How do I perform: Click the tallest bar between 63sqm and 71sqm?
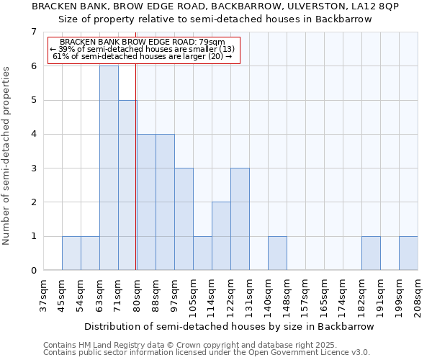[x=109, y=168]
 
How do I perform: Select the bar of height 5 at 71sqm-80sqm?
[x=127, y=185]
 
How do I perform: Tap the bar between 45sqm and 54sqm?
[x=71, y=253]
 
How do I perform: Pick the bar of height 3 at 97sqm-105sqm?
[x=184, y=219]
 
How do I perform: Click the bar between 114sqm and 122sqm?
[x=221, y=236]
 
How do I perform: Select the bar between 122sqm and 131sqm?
[x=240, y=219]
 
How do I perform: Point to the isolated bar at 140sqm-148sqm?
[x=277, y=253]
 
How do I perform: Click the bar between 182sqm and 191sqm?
[x=371, y=253]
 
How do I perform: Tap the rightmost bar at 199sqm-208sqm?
[x=408, y=253]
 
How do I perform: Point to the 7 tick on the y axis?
[x=33, y=32]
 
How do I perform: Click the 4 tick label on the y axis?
[x=33, y=134]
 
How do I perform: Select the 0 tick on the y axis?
[x=33, y=271]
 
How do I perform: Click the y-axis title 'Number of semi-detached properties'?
[x=7, y=156]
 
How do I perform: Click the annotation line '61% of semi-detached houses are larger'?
[x=143, y=56]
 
